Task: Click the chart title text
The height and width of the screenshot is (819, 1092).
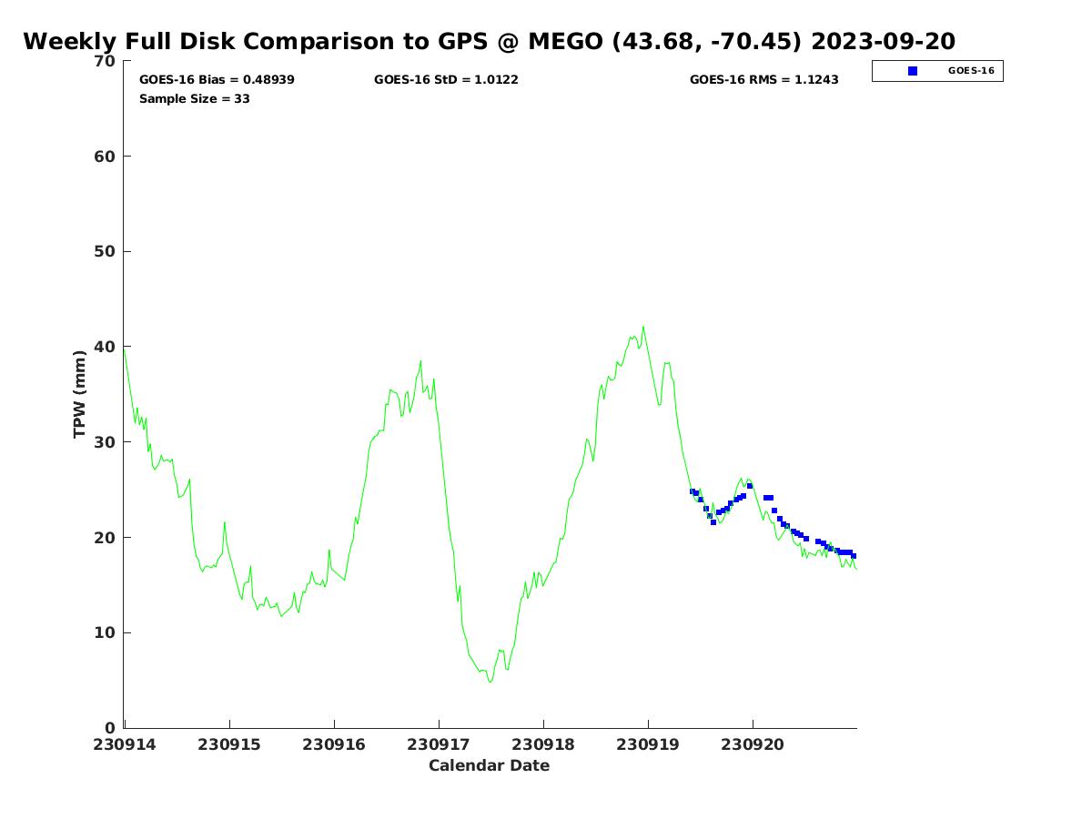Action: coord(489,42)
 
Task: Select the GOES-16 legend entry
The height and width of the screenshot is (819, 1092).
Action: coord(971,71)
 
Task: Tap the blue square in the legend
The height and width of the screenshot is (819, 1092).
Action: coord(913,71)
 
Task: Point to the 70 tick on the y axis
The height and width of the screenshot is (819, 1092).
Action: coord(106,61)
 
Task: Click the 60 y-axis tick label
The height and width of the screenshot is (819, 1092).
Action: coord(106,157)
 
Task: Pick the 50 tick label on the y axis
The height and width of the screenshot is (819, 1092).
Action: coord(106,251)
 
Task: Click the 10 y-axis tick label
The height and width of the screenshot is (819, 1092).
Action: coord(106,632)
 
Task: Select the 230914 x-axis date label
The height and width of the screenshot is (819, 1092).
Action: coord(125,744)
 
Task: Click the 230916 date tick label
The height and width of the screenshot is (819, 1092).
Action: coord(334,744)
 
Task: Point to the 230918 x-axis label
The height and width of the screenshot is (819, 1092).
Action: coord(543,744)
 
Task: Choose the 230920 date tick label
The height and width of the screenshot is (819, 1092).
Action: coord(753,744)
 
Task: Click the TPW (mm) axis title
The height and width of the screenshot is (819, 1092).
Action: coord(80,394)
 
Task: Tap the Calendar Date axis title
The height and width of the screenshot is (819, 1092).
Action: coord(490,765)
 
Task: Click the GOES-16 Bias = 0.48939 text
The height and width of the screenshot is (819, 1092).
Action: coord(217,80)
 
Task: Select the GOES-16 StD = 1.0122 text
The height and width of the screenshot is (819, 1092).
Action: coord(446,80)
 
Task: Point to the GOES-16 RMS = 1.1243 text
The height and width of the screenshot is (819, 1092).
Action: coord(764,80)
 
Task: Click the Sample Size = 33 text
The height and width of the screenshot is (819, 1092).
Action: coord(195,98)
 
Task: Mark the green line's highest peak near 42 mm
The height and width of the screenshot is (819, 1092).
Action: coord(643,327)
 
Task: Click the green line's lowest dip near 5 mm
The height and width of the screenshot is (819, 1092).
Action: coord(490,682)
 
